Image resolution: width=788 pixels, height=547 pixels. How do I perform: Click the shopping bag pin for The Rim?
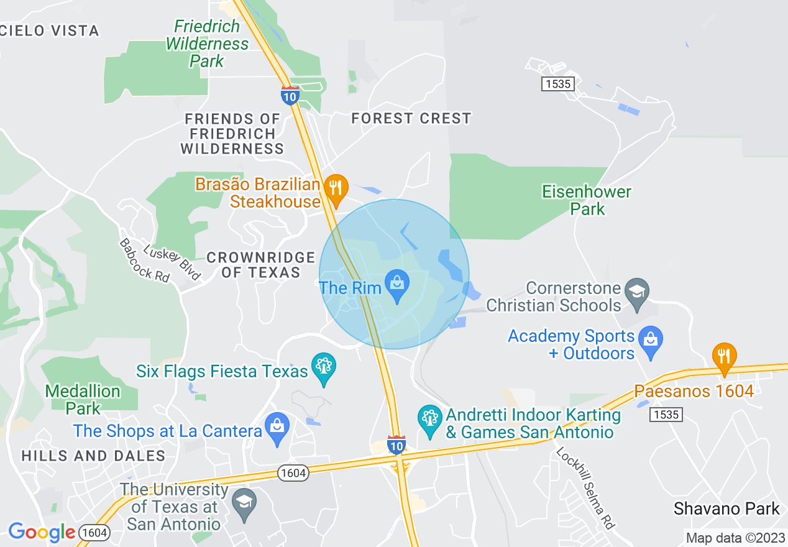[x=396, y=285]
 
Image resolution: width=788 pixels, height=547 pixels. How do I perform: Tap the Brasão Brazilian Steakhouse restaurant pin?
[x=336, y=188]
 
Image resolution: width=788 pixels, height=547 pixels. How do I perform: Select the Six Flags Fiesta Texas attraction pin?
[x=323, y=367]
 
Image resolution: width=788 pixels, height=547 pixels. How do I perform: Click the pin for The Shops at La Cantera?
[x=277, y=427]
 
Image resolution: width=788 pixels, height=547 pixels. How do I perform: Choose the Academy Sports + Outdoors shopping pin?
[x=651, y=341]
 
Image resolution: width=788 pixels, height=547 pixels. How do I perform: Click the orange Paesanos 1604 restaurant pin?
[x=724, y=357]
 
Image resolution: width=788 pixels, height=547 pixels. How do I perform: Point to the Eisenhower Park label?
[x=587, y=200]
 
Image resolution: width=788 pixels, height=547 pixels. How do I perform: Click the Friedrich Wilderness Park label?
[x=208, y=44]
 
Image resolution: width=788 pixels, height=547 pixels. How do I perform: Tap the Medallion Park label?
[x=83, y=400]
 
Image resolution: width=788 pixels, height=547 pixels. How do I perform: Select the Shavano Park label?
[x=726, y=509]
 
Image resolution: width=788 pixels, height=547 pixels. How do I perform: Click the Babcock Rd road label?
[x=144, y=260]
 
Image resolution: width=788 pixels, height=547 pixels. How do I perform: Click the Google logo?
[x=42, y=533]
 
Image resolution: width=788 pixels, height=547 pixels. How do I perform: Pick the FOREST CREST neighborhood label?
[x=411, y=118]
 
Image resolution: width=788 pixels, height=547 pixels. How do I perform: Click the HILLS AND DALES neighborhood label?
[x=93, y=456]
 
